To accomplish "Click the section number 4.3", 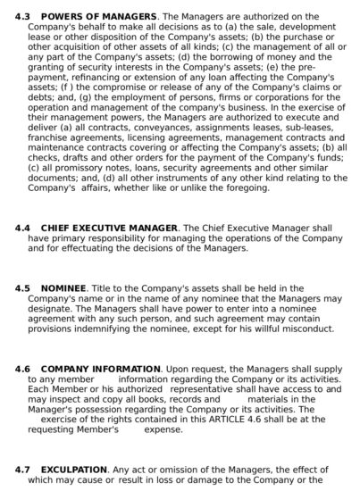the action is point(22,16).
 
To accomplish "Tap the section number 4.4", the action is point(22,229).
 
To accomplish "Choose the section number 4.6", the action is point(22,369).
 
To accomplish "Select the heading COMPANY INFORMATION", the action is point(101,369).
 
